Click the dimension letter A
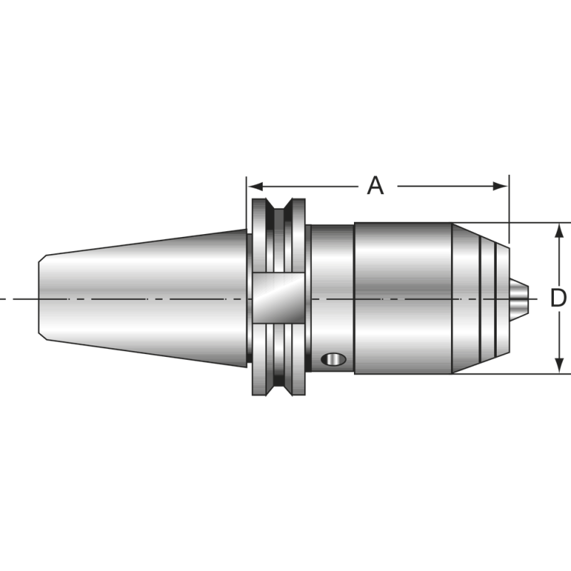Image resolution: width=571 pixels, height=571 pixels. click(x=375, y=186)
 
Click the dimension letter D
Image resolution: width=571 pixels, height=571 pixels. click(x=558, y=298)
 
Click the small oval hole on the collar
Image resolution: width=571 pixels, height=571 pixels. click(x=332, y=358)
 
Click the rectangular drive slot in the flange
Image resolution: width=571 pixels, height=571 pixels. click(x=279, y=298)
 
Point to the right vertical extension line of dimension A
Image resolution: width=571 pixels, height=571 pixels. click(x=509, y=207)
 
